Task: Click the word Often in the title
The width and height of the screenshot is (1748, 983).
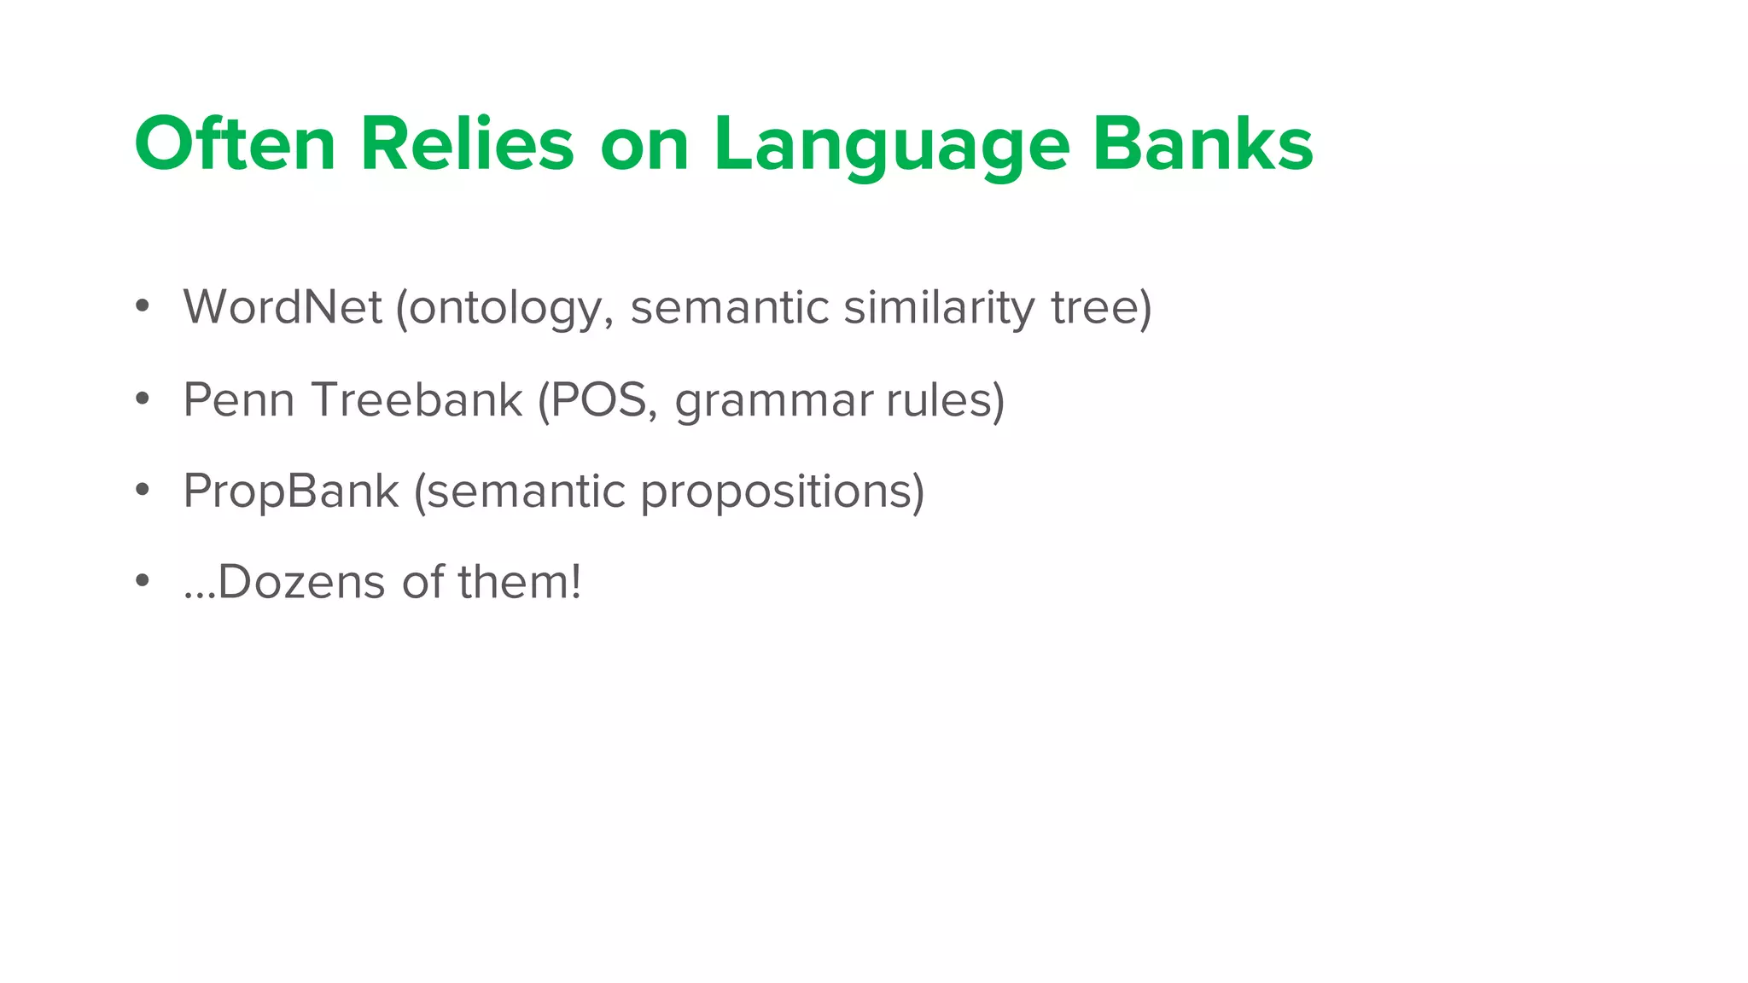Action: coord(235,144)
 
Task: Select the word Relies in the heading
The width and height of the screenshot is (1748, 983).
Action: coord(467,144)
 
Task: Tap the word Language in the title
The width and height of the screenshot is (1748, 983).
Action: coord(891,147)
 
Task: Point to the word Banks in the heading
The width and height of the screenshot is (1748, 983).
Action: coord(1203,144)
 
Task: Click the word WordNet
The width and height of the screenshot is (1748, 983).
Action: coord(283,307)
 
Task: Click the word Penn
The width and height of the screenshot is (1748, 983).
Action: coord(239,399)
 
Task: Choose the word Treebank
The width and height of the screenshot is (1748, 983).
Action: coord(417,399)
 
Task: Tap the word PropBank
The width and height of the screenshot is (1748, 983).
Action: coord(291,491)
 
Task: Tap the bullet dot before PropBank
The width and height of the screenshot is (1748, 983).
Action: coord(143,490)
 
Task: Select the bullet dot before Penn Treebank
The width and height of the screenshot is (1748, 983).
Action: coord(143,398)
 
